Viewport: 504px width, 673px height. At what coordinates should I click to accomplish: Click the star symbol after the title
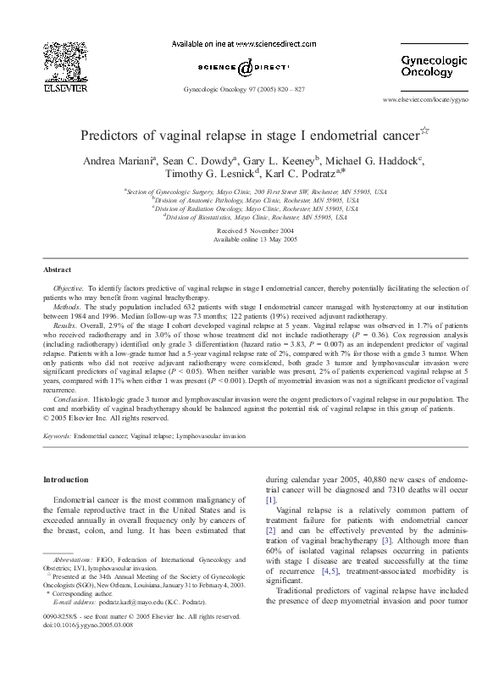tap(425, 131)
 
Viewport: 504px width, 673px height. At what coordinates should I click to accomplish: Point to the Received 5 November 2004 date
tap(252, 231)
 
